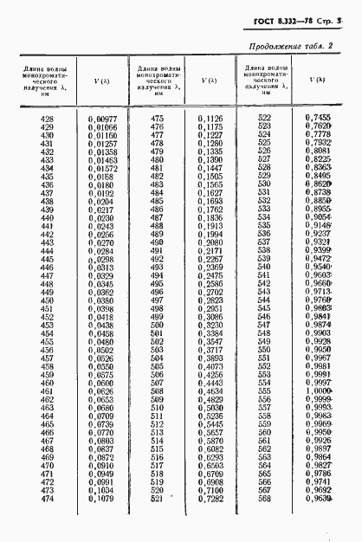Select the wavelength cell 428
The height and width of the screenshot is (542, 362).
[48, 118]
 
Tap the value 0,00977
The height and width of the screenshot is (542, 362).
[101, 118]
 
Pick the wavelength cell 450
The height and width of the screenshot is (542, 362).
[48, 300]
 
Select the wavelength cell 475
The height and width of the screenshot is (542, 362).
[157, 118]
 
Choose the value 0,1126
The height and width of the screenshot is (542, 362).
[210, 118]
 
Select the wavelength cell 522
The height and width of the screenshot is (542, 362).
[265, 118]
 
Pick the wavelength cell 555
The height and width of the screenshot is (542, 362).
[265, 390]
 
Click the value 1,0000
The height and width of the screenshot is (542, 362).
[320, 390]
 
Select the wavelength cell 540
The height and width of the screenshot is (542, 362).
[265, 267]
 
